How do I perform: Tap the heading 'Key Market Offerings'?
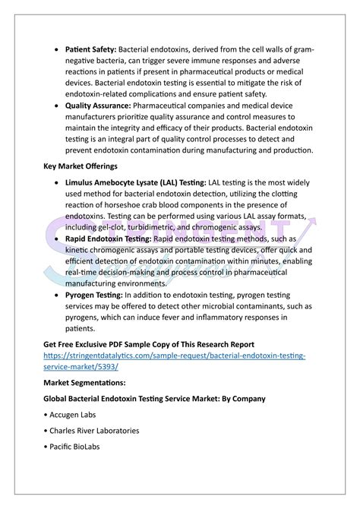(x=81, y=166)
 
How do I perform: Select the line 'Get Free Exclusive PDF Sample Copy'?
(x=148, y=344)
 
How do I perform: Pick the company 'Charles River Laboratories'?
(x=95, y=431)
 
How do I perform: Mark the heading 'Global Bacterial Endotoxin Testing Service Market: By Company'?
(x=154, y=398)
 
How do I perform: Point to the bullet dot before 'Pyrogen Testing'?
(x=59, y=294)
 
